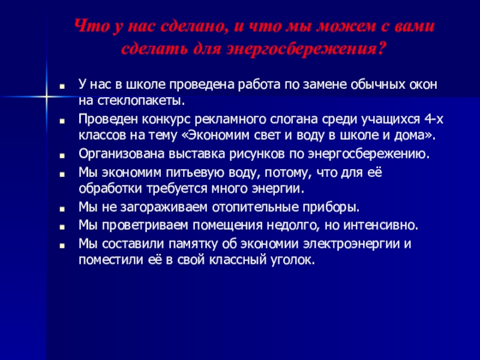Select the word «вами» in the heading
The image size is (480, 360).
click(419, 27)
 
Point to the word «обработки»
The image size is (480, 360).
click(107, 189)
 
